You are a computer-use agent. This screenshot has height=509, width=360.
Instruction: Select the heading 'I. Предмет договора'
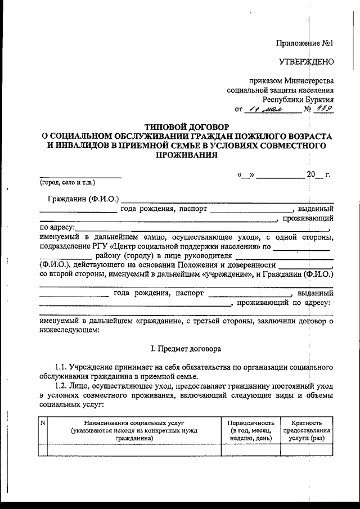click(183, 349)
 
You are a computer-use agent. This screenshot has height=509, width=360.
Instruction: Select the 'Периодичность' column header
click(250, 422)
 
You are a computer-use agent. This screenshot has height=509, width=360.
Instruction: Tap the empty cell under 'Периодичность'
click(250, 449)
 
